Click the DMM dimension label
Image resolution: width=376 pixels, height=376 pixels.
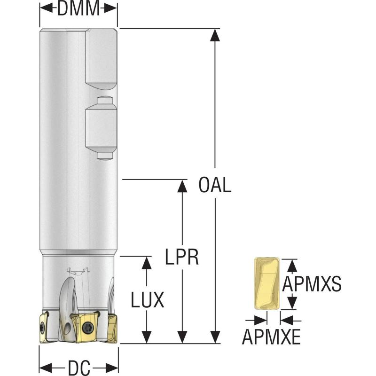[78, 9]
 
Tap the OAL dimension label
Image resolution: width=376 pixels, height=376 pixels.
[215, 185]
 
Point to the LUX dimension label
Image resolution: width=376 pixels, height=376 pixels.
[148, 299]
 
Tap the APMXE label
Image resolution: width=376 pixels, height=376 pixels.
[271, 337]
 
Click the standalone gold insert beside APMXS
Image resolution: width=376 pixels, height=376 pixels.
[266, 283]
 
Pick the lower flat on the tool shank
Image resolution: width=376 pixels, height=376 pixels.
[100, 128]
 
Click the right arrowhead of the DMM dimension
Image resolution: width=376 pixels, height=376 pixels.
[111, 8]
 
